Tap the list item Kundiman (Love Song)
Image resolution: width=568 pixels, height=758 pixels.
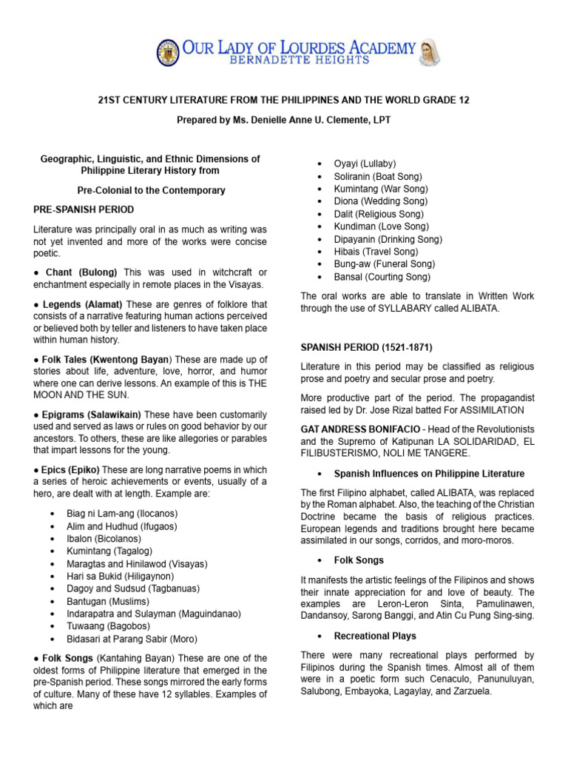tap(379, 227)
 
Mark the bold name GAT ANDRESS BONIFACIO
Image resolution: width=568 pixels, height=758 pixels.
tap(360, 430)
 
